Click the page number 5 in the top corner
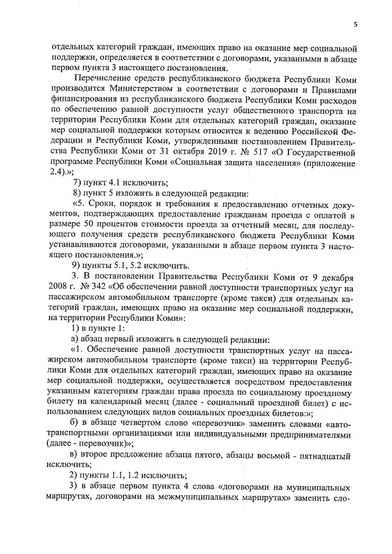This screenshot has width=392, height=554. point(355,24)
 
